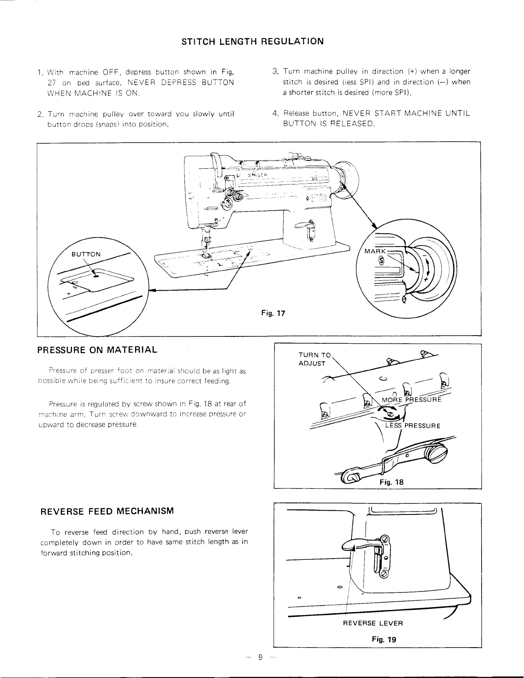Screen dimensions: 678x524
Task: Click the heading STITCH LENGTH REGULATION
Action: [253, 42]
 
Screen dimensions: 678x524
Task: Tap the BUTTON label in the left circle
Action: [86, 254]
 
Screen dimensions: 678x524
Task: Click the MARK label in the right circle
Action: [375, 251]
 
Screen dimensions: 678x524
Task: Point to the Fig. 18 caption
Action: [391, 482]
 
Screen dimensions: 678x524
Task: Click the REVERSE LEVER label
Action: [373, 623]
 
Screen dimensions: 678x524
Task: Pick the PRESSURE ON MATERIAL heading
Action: [97, 350]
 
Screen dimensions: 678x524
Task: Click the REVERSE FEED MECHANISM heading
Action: [107, 511]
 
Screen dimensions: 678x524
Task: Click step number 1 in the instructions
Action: [39, 71]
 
